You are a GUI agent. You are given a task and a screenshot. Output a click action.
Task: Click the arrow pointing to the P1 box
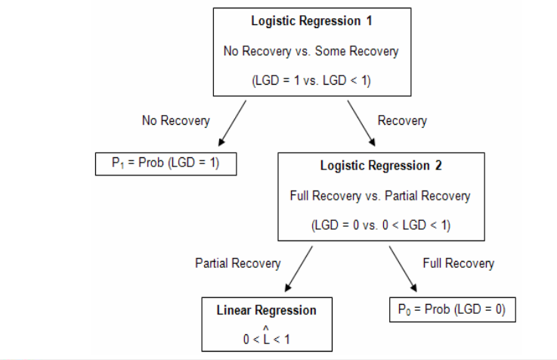231,123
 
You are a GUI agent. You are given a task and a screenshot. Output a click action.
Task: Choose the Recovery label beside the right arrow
402,120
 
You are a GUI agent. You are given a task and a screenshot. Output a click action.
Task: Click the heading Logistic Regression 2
379,166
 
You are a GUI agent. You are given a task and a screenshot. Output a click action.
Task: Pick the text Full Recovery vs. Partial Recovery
379,196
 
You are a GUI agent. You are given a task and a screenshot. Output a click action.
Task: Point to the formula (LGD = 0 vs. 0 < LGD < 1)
379,225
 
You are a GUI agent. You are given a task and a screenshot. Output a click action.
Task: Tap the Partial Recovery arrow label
237,263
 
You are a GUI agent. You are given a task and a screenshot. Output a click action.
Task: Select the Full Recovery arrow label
458,263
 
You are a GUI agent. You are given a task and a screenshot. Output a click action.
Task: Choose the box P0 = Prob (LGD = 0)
451,309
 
